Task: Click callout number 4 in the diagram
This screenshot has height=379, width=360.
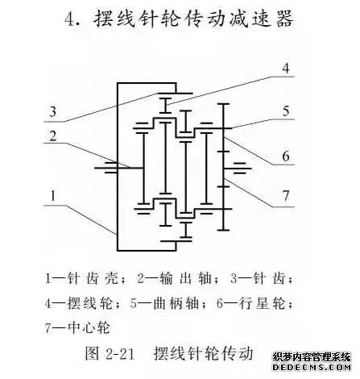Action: click(286, 69)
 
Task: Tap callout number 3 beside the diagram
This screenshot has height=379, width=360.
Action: click(53, 111)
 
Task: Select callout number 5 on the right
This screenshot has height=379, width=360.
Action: click(286, 111)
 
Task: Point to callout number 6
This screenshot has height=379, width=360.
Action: click(286, 156)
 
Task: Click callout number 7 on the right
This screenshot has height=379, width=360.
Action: click(286, 196)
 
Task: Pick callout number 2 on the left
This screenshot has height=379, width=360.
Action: click(53, 136)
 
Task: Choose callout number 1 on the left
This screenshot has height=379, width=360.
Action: click(53, 196)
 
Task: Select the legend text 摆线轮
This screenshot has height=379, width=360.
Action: click(90, 303)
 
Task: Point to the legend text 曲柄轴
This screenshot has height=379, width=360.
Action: click(176, 303)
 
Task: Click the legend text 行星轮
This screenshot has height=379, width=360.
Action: click(262, 303)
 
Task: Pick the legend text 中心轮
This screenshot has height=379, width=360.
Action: click(89, 328)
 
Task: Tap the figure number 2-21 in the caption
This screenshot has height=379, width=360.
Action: click(120, 354)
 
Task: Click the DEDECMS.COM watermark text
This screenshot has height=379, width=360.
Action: click(312, 367)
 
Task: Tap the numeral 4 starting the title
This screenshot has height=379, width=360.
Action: click(71, 19)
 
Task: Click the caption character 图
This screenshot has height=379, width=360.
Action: click(93, 353)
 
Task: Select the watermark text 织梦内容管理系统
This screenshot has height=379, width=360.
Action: click(312, 357)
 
